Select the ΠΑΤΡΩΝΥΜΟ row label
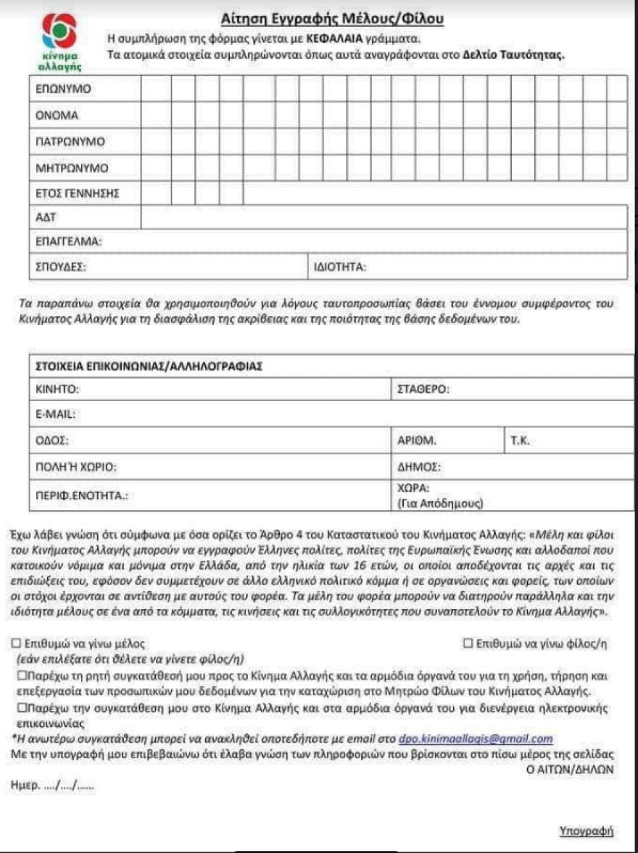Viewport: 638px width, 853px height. [x=70, y=141]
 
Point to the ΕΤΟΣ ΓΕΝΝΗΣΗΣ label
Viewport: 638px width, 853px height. [x=77, y=194]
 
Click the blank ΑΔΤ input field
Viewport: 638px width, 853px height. [x=384, y=216]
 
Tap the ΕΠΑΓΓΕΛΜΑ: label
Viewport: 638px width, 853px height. [x=68, y=241]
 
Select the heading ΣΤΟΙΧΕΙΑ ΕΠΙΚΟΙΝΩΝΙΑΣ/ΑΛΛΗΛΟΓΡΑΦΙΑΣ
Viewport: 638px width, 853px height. [x=148, y=366]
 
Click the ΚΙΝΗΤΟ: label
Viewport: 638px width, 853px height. [x=57, y=390]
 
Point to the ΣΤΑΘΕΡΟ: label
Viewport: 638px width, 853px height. [x=423, y=390]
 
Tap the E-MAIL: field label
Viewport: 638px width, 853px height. [x=56, y=414]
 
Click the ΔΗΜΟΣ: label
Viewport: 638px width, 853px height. [x=419, y=466]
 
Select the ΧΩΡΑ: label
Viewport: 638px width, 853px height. [x=414, y=488]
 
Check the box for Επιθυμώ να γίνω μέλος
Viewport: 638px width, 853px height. [x=17, y=643]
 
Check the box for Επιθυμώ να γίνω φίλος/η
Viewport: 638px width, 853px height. [x=468, y=643]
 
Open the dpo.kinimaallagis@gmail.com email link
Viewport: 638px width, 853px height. [x=476, y=738]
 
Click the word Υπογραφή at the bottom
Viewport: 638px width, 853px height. [x=587, y=830]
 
